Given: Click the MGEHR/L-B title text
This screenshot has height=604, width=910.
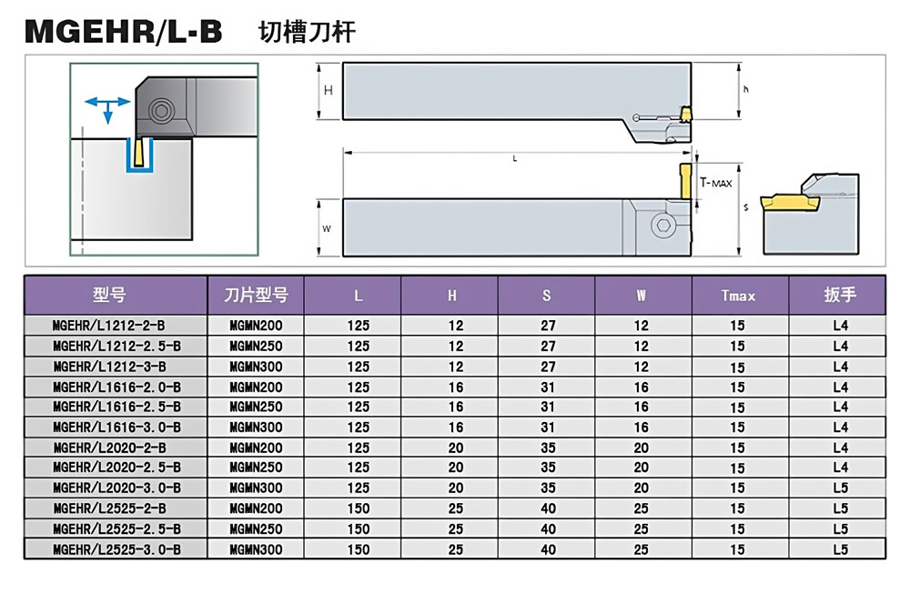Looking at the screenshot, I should click(123, 32).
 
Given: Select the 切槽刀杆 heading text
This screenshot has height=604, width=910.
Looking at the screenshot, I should click(307, 33).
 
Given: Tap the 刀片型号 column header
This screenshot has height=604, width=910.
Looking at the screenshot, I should click(256, 296).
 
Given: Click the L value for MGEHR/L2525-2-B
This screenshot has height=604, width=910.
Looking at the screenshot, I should click(359, 508).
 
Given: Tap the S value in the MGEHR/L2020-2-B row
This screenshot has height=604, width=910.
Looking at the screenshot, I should click(548, 448).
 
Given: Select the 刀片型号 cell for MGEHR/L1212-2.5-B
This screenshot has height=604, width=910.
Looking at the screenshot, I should click(256, 346).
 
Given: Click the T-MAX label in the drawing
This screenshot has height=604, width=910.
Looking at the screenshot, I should click(715, 183).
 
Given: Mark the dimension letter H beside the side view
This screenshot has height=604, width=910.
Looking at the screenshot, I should click(329, 89).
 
